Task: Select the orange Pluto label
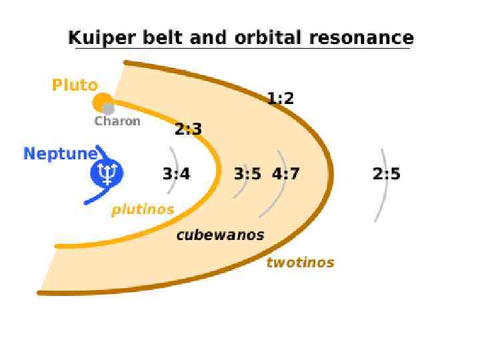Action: tap(75, 85)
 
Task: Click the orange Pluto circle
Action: tap(101, 102)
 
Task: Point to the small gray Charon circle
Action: tap(109, 109)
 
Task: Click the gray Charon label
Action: tap(117, 121)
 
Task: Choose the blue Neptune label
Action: tap(60, 154)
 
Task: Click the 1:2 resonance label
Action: tap(281, 99)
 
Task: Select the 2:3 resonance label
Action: tap(188, 129)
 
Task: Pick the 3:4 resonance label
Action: tap(176, 174)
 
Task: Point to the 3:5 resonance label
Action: tap(247, 174)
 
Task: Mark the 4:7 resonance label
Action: tap(286, 174)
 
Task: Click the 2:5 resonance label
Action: tap(387, 174)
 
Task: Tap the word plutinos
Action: tap(143, 209)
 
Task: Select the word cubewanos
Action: tap(220, 235)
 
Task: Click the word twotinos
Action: tap(300, 262)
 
